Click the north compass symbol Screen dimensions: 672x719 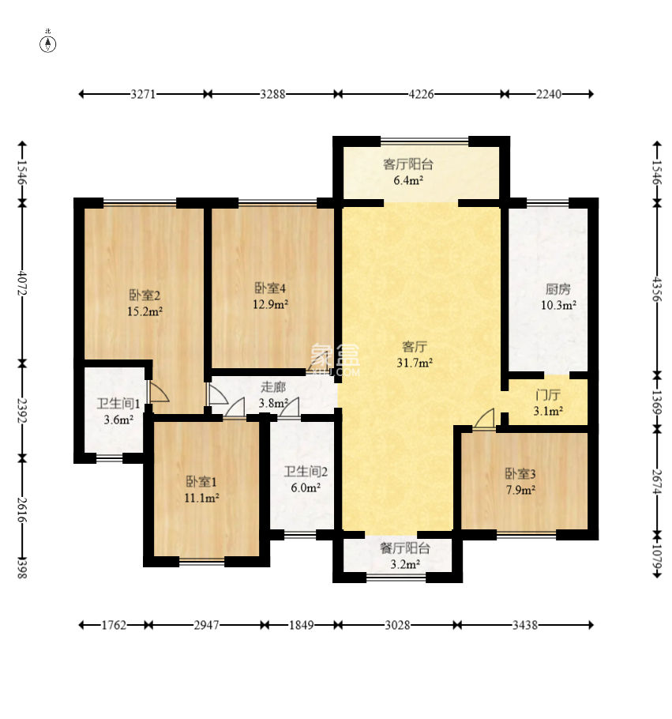click(x=48, y=44)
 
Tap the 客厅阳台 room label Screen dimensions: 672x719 click(x=408, y=164)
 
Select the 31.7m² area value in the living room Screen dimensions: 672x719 click(x=415, y=363)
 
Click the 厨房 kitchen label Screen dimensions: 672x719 click(x=557, y=289)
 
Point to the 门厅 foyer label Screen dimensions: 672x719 click(x=548, y=395)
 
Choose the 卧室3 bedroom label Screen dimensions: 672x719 click(x=520, y=474)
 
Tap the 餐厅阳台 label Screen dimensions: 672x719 click(x=405, y=548)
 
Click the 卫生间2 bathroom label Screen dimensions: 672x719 click(x=306, y=472)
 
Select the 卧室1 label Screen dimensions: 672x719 click(x=201, y=481)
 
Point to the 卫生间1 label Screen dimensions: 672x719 click(x=118, y=404)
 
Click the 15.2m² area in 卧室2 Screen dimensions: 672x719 click(x=145, y=312)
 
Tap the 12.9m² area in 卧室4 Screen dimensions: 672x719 click(x=270, y=304)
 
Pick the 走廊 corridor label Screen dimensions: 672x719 click(x=273, y=387)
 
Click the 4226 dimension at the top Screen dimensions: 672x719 click(x=421, y=95)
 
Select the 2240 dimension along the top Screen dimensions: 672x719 click(x=549, y=95)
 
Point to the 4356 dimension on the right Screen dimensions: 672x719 click(x=657, y=289)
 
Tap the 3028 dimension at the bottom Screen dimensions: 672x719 click(x=397, y=625)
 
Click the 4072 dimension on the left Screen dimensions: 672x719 click(x=22, y=284)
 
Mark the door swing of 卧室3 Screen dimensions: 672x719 click(x=484, y=419)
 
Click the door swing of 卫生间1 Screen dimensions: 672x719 click(x=158, y=393)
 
